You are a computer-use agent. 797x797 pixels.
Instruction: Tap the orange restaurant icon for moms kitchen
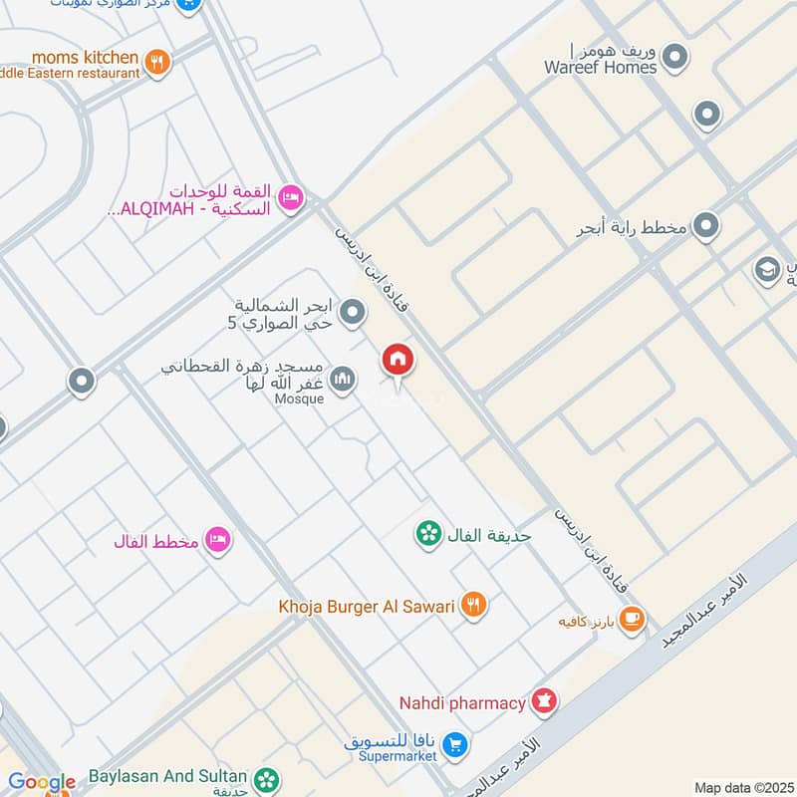click(x=155, y=64)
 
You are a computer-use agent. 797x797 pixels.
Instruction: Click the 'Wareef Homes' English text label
click(x=600, y=68)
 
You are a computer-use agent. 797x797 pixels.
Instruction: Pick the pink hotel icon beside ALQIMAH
click(x=290, y=198)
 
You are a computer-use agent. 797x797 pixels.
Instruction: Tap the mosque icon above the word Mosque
click(x=343, y=380)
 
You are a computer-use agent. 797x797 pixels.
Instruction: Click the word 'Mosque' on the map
click(x=299, y=399)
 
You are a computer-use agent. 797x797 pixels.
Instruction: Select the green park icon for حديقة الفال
click(x=428, y=535)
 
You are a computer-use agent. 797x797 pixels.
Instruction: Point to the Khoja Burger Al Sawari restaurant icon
click(x=474, y=604)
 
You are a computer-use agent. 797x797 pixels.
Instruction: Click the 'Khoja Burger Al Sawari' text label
click(x=367, y=605)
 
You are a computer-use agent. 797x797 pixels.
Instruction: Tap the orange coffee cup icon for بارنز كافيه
click(x=631, y=621)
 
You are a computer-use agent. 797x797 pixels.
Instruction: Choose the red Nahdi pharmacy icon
click(x=544, y=703)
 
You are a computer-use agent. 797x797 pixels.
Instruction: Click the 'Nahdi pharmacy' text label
click(x=462, y=703)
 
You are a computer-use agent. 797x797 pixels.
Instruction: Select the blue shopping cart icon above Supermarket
click(x=454, y=743)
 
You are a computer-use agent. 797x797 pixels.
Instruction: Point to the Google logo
click(x=42, y=782)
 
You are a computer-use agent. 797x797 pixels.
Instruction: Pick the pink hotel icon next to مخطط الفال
click(x=216, y=541)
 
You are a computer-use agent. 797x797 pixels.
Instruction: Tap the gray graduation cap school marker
click(x=767, y=270)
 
